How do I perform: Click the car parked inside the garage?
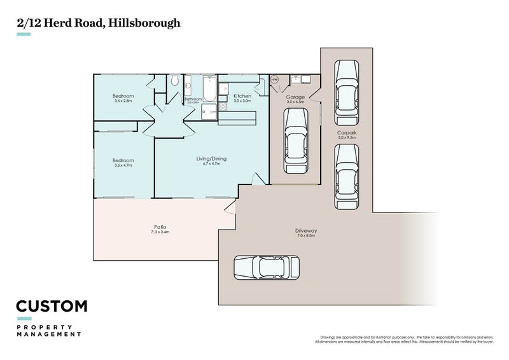(295, 141)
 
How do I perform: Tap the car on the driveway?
(267, 267)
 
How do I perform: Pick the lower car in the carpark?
(347, 177)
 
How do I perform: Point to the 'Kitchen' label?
(242, 96)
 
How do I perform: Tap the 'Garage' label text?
(295, 97)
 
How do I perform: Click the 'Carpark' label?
(347, 133)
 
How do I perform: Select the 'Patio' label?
(160, 227)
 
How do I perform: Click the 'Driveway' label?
(305, 230)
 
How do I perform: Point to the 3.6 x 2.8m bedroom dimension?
(123, 101)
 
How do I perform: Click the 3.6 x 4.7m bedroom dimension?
(123, 165)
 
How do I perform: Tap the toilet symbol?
(174, 81)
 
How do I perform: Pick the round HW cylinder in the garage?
(275, 80)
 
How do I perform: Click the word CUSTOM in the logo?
(52, 306)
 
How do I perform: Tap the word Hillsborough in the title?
(144, 23)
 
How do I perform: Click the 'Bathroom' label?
(193, 99)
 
